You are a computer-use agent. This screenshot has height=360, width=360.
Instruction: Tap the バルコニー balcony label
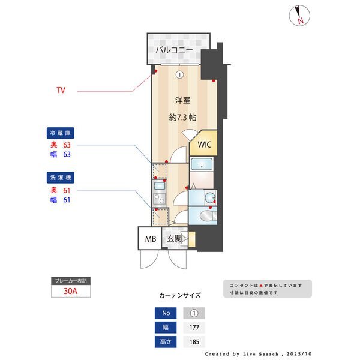(174, 50)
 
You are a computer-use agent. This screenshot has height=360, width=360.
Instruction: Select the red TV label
(61, 91)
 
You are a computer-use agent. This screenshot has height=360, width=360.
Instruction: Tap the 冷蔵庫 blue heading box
(62, 133)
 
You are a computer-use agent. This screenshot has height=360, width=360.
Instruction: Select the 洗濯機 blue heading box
(62, 178)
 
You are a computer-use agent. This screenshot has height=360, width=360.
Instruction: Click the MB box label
(150, 239)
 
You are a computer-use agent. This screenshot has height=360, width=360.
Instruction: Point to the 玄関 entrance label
(174, 239)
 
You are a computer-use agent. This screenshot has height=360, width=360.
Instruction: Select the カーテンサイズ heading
(180, 295)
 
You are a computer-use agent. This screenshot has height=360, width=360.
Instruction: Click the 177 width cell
(193, 328)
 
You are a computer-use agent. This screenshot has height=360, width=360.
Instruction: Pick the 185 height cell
(193, 343)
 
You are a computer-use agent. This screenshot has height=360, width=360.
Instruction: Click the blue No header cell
(166, 313)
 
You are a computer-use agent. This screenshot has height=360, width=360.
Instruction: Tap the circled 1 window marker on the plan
(179, 75)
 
